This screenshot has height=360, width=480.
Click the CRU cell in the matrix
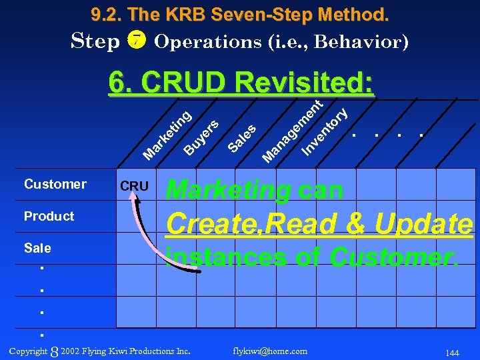pyautogui.click(x=134, y=186)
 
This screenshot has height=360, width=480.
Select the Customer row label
pyautogui.click(x=55, y=184)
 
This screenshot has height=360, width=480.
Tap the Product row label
pyautogui.click(x=49, y=216)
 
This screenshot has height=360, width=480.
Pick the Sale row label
pyautogui.click(x=37, y=248)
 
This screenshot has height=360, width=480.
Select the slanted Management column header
pyautogui.click(x=292, y=131)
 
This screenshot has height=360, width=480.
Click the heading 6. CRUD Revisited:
pyautogui.click(x=241, y=83)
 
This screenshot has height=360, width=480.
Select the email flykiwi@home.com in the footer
pyautogui.click(x=270, y=351)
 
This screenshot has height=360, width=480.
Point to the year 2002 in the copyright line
pyautogui.click(x=70, y=351)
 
